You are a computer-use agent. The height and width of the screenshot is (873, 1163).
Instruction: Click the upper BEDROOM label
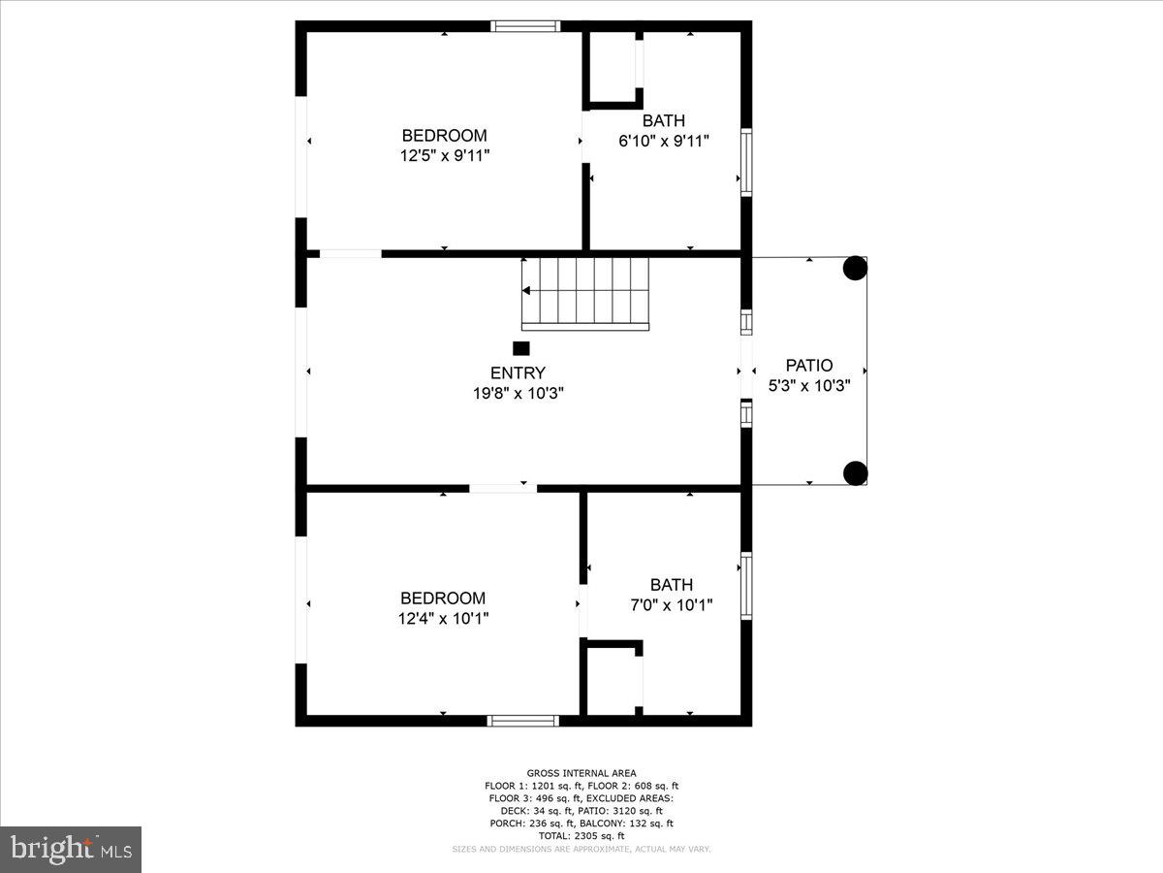(444, 136)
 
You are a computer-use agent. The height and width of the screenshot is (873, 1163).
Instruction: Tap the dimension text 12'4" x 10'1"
(443, 618)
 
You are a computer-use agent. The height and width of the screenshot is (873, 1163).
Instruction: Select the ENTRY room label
(518, 373)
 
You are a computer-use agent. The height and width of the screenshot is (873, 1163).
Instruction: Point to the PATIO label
(808, 366)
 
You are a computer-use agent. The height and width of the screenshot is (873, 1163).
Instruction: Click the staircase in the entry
(584, 293)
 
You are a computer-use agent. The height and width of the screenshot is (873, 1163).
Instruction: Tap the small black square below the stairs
(521, 348)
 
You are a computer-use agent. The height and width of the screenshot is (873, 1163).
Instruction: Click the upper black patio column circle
(854, 269)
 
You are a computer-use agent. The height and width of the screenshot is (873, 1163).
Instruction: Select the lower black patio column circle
(855, 473)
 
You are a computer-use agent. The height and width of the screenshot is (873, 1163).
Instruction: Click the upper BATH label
(664, 121)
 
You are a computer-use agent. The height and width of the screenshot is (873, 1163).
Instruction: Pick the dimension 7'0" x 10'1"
(672, 604)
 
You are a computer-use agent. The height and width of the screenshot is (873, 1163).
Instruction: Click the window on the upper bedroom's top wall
(525, 26)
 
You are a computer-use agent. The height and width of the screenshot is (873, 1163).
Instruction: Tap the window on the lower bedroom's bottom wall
(523, 721)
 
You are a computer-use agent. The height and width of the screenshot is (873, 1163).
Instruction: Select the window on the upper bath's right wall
(746, 162)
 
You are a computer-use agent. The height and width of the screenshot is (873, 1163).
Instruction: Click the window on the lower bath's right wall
(746, 586)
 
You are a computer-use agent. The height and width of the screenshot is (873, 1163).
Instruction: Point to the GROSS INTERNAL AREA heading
(581, 773)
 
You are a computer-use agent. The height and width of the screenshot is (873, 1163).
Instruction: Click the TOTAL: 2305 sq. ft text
(581, 835)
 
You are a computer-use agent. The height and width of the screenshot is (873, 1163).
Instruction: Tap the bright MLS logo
(71, 849)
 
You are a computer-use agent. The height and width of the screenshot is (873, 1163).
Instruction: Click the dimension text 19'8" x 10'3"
(518, 393)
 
